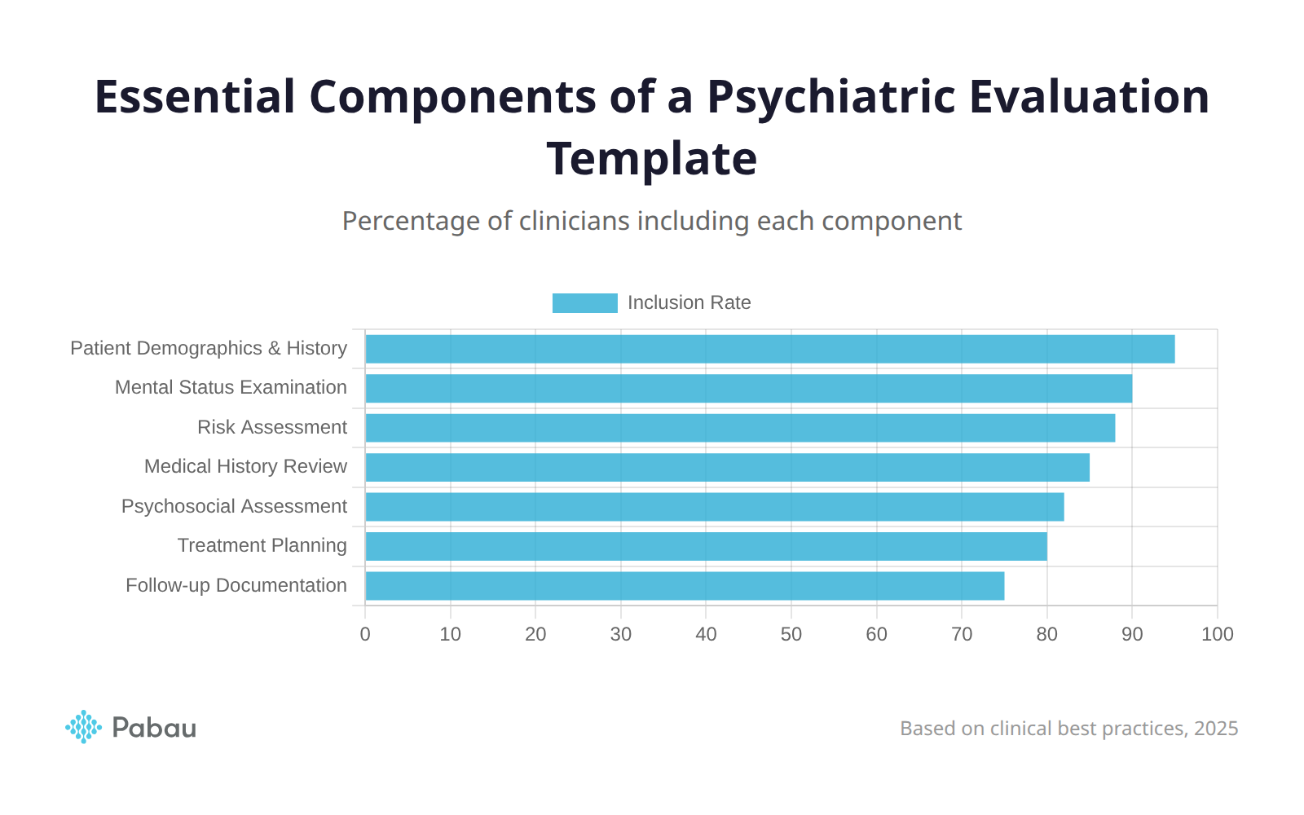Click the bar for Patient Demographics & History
click(x=770, y=349)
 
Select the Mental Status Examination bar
click(x=748, y=388)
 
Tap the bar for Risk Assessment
click(x=740, y=428)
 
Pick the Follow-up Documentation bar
click(x=685, y=586)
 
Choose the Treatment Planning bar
click(x=706, y=546)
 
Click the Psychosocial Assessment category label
click(x=234, y=506)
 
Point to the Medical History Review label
click(x=245, y=466)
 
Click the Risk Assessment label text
click(x=271, y=427)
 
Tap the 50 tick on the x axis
click(x=791, y=634)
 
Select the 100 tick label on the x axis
click(x=1217, y=634)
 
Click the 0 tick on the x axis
click(x=365, y=634)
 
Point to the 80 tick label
click(x=1046, y=634)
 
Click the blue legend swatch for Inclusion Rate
click(x=584, y=303)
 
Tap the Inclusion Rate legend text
click(x=689, y=303)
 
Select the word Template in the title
click(x=652, y=158)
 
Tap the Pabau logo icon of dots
click(x=83, y=727)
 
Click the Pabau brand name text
click(x=154, y=728)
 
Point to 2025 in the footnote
click(x=1215, y=729)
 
